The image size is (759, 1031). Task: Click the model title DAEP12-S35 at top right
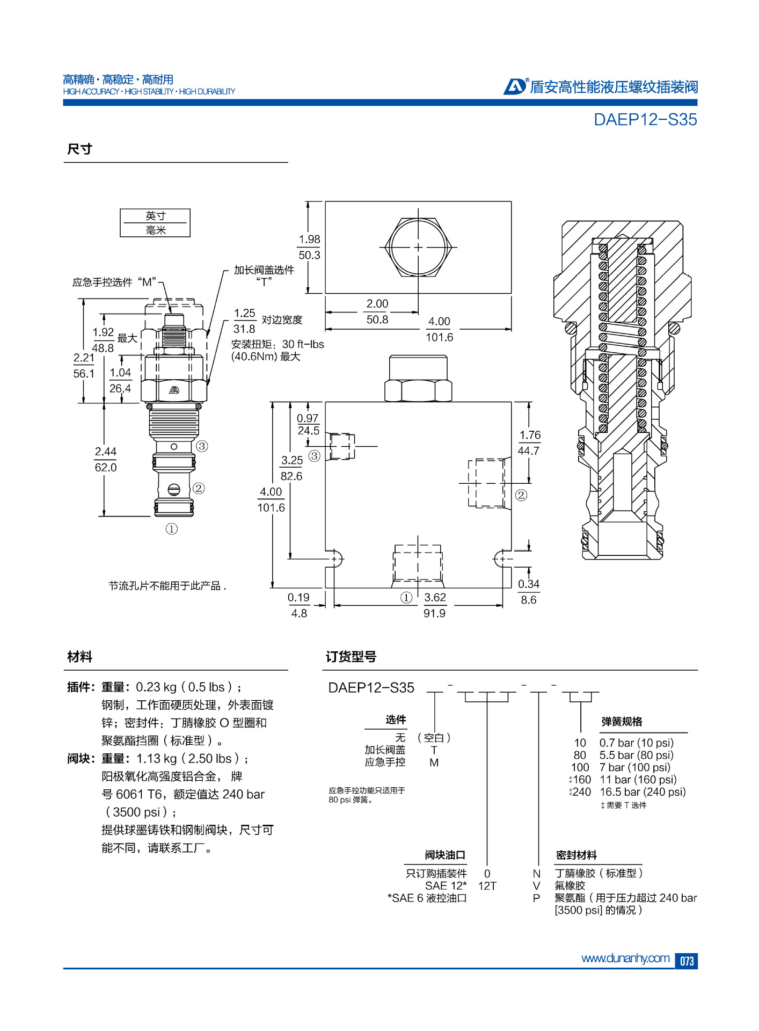coord(645,119)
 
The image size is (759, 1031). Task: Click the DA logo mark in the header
coord(514,86)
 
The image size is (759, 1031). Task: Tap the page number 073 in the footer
coord(687,961)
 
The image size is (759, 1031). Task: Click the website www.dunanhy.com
coord(625,958)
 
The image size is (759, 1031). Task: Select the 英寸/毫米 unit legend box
coord(155,223)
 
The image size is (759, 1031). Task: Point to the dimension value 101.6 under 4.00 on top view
coord(439,337)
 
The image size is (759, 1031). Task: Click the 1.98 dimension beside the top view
coord(309,239)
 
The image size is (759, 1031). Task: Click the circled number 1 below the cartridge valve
coord(171,529)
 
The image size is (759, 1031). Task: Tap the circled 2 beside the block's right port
coord(521,495)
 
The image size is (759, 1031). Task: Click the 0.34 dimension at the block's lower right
coord(528,584)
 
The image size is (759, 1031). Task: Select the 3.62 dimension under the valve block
coord(435,597)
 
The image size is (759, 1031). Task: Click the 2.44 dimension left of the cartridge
coord(106,452)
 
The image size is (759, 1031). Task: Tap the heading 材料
coord(79,657)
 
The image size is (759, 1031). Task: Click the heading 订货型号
coord(351,657)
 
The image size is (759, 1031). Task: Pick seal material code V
coord(536,885)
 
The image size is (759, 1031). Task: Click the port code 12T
coord(487,885)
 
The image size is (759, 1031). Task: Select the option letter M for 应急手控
coord(434,763)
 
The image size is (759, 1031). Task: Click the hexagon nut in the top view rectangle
coord(418,248)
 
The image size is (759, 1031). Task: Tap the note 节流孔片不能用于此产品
coord(167,586)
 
